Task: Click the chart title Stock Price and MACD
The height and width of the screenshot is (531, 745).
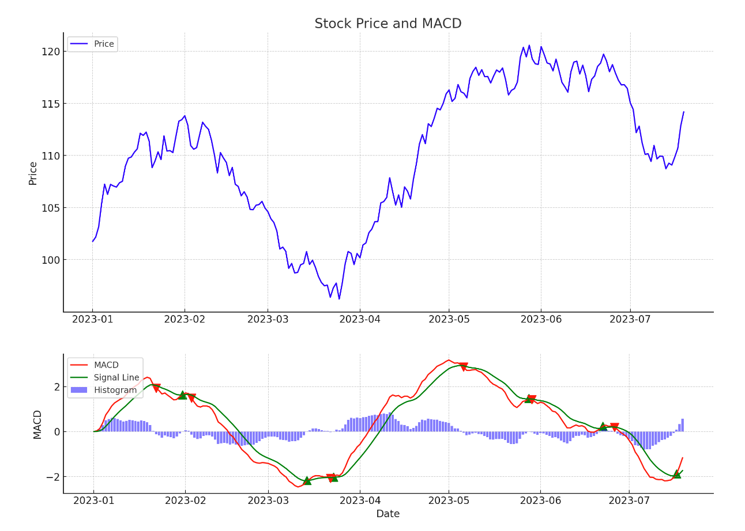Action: click(387, 24)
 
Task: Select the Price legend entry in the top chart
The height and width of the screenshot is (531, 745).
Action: click(104, 44)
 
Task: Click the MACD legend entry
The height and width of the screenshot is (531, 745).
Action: click(106, 365)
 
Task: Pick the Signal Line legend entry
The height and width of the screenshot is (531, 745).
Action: click(116, 378)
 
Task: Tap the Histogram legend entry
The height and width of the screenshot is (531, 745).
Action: click(115, 390)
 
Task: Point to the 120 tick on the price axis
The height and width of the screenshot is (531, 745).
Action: click(52, 52)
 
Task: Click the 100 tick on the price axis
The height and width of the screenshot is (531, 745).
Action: click(52, 260)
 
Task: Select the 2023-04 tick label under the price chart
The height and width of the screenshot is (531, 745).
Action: click(360, 319)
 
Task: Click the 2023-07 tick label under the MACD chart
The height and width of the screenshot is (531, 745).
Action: click(630, 500)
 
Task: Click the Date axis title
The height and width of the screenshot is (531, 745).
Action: click(387, 514)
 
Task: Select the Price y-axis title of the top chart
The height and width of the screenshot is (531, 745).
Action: click(33, 173)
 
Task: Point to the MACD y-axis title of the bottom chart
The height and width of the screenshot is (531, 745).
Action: click(37, 424)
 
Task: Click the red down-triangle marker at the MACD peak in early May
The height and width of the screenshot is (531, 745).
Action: click(463, 367)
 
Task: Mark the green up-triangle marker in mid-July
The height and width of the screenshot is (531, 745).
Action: click(676, 474)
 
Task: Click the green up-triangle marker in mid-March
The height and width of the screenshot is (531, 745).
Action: click(307, 480)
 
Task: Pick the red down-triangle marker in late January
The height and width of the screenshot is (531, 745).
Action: click(156, 388)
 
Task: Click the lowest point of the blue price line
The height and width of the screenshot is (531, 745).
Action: click(339, 299)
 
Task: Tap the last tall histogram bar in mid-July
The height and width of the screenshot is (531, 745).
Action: click(683, 425)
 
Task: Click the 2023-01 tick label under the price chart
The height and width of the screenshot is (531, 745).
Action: click(92, 319)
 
